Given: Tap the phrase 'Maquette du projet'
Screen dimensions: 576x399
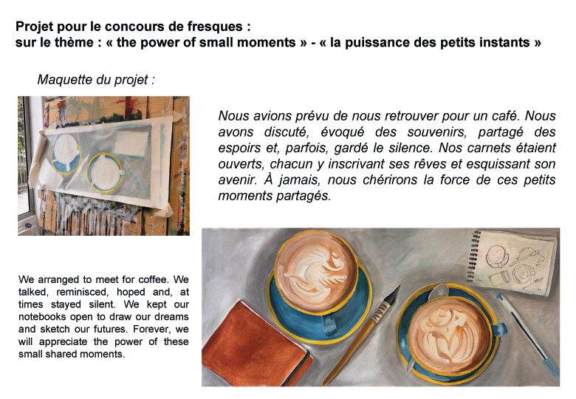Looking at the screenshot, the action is tap(92, 80).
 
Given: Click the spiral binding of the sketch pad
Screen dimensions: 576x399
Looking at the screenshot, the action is tap(474, 256).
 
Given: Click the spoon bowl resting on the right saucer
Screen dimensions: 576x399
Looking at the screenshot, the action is tap(437, 292).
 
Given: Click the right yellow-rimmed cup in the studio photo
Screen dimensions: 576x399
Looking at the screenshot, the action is tap(105, 173).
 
